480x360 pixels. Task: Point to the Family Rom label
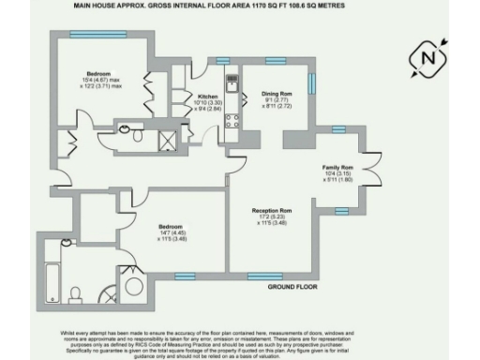(x=337, y=165)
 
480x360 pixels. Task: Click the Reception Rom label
(x=272, y=210)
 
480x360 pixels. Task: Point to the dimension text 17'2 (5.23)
(x=272, y=217)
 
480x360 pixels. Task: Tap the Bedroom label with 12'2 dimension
(x=99, y=72)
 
